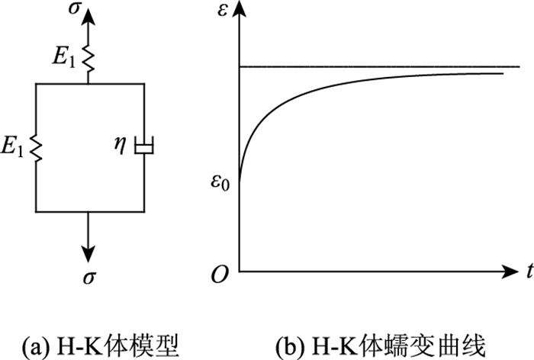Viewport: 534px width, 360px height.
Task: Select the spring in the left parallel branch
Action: coord(36,146)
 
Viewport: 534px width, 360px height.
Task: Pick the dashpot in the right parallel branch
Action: coord(144,145)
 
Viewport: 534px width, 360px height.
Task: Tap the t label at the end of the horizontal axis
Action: coord(526,268)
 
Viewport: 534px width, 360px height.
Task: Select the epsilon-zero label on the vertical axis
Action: coord(222,183)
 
